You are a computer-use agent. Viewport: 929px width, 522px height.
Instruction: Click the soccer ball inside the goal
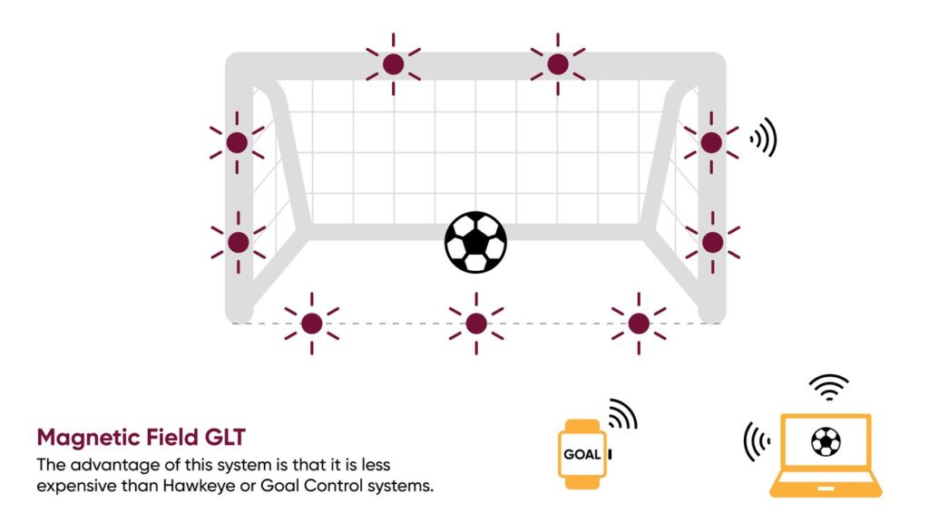point(475,242)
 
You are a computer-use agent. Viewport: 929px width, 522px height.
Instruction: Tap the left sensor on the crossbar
point(394,64)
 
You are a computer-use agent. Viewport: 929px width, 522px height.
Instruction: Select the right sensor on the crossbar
point(558,64)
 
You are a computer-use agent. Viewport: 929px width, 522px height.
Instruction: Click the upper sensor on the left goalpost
point(237,142)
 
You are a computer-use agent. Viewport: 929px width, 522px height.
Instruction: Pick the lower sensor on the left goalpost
point(239,242)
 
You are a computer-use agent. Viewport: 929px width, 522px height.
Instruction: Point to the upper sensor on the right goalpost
point(711,142)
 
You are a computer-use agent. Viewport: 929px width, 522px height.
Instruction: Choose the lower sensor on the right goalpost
point(713,242)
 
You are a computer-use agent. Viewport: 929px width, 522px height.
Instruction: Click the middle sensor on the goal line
point(476,324)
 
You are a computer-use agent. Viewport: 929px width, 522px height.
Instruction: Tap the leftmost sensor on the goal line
point(312,324)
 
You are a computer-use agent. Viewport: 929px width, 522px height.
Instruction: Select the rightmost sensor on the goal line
point(639,324)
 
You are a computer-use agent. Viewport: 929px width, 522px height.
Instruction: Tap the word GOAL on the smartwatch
point(582,455)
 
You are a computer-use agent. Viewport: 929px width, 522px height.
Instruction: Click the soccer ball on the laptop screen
point(826,441)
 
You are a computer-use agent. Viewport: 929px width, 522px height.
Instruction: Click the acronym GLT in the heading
point(225,438)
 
